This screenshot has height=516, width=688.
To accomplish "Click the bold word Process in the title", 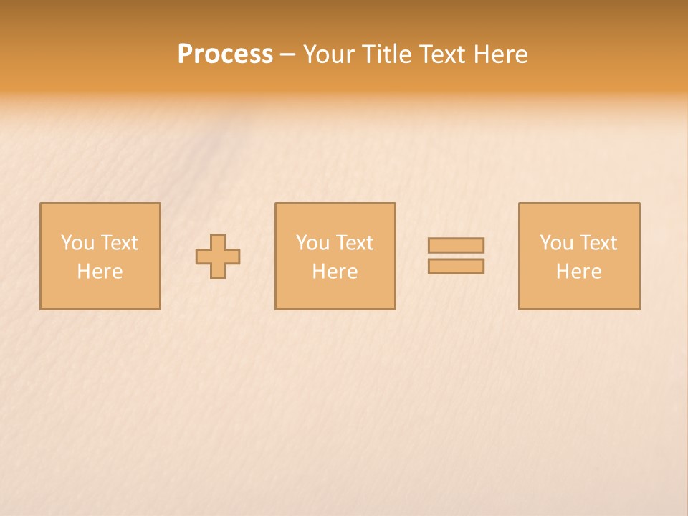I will [x=225, y=54].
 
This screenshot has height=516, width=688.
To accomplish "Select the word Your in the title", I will [x=329, y=54].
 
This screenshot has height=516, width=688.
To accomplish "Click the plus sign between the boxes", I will [x=218, y=257].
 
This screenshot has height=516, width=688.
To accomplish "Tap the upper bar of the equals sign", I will [x=456, y=245].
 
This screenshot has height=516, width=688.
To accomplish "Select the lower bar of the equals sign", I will [x=456, y=267].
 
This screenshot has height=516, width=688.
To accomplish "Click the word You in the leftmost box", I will [x=77, y=243].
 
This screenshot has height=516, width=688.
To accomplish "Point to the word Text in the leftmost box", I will [x=119, y=243].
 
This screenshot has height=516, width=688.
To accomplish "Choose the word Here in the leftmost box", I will [x=100, y=272].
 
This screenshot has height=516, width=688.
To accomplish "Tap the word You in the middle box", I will [x=312, y=243].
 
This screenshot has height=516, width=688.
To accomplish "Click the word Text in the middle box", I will [x=354, y=243].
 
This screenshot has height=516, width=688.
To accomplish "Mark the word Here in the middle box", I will [x=335, y=272].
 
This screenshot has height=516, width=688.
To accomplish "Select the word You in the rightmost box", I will [x=556, y=243].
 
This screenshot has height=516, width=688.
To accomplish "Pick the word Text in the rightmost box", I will [x=598, y=243].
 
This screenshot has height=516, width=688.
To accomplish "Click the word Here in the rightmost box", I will [x=578, y=272].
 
